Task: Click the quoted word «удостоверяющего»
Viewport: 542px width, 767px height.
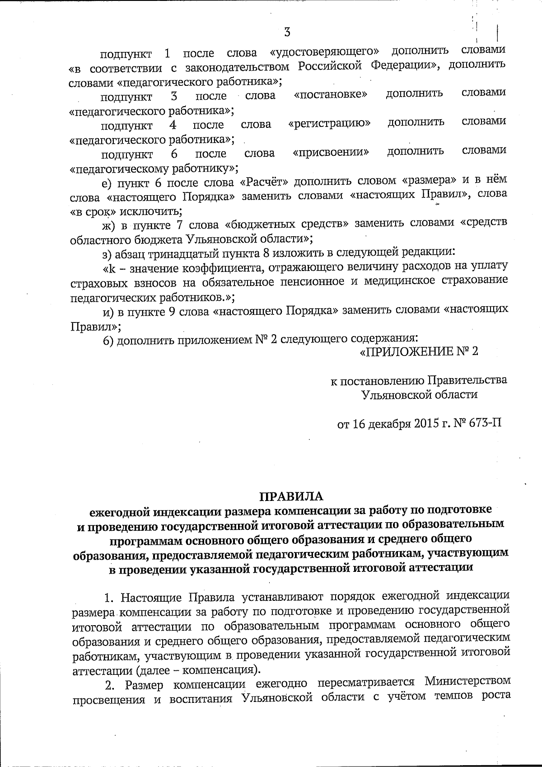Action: tap(325, 52)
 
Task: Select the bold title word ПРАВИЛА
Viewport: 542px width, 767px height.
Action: tap(291, 496)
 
